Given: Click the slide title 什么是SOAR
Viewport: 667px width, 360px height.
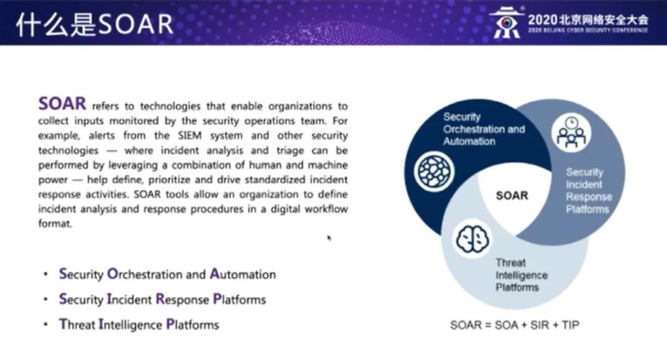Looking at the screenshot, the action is tap(94, 24).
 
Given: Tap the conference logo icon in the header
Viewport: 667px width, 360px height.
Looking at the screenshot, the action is tap(506, 23).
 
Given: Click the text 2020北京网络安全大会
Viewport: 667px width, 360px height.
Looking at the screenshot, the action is tap(589, 20).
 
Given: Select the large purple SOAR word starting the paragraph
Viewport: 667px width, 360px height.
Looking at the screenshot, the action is tap(62, 103).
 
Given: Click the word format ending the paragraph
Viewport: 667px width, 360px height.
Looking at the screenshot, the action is tap(56, 224).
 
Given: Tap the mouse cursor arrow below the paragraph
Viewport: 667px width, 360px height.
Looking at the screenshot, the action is tap(329, 238).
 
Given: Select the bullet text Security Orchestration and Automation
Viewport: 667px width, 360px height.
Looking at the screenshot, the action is tap(167, 274).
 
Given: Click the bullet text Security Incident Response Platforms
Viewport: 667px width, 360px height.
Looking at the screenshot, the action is tap(162, 299).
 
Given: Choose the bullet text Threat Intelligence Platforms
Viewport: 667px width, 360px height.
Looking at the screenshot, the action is tap(139, 325).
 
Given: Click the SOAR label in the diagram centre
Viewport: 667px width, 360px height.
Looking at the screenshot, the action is tap(512, 195).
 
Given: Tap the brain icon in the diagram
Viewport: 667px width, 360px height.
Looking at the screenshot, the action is tap(472, 239).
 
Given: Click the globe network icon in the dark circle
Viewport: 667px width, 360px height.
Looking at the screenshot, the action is tap(434, 172).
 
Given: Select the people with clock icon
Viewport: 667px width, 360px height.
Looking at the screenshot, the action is tap(571, 132).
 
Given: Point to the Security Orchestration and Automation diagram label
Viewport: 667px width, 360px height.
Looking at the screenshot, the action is tap(484, 129).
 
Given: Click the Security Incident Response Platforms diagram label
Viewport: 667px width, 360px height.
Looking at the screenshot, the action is tap(589, 191).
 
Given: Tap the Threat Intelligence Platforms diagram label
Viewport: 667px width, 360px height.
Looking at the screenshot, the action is tap(521, 275).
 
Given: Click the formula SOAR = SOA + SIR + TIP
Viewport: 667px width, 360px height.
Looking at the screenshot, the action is tap(514, 325).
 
